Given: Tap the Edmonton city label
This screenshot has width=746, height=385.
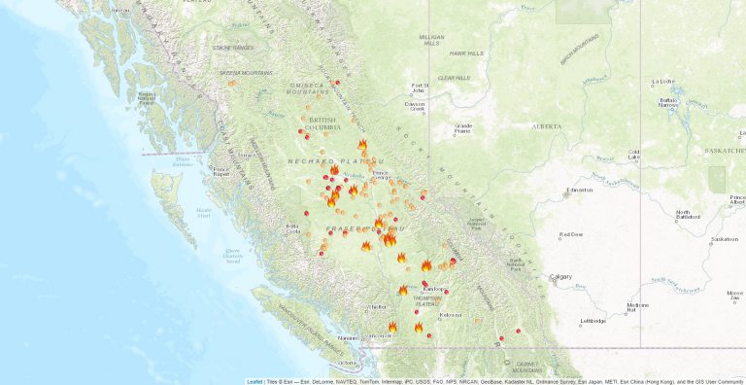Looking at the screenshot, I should (x=581, y=190).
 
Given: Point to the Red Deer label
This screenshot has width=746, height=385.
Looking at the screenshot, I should (x=571, y=235).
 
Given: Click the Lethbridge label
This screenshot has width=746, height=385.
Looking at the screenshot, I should (x=593, y=321).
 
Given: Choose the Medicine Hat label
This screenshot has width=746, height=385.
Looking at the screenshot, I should (x=637, y=307).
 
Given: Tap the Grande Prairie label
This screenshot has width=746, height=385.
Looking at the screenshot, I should (x=463, y=127).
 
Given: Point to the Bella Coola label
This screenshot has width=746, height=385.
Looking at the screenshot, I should (x=292, y=229).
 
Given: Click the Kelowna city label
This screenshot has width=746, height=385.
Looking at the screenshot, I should (x=450, y=315).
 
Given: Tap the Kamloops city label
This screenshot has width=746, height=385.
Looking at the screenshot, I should (x=432, y=289).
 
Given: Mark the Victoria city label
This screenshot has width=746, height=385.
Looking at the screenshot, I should (x=347, y=363).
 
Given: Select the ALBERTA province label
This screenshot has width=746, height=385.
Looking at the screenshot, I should (x=547, y=126).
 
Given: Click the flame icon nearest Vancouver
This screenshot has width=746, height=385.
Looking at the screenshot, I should (x=392, y=327).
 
